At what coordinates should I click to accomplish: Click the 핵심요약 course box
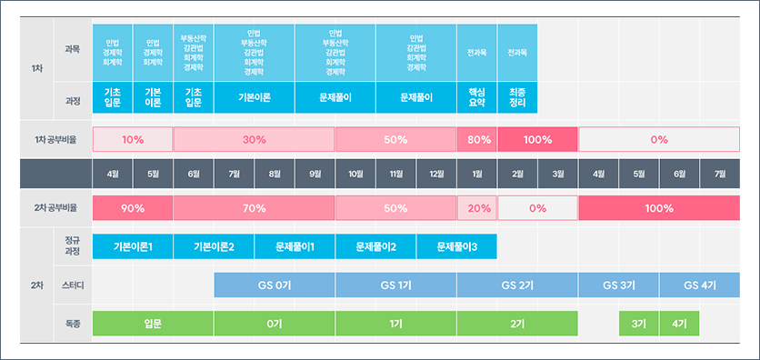[476, 97]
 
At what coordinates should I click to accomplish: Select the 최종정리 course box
[517, 97]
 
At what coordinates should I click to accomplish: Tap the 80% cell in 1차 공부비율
[477, 140]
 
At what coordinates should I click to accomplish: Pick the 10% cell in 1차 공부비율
[133, 140]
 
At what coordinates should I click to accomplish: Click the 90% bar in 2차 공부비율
[133, 208]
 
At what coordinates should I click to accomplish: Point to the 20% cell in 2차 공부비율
[477, 208]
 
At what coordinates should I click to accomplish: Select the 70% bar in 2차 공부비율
[255, 208]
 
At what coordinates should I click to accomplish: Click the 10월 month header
[355, 174]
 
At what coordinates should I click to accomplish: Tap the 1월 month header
[477, 174]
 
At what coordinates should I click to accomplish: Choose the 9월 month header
[315, 174]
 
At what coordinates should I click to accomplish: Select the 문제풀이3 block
[457, 246]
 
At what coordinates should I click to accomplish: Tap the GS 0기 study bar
[275, 285]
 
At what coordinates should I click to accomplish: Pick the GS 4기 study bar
[700, 285]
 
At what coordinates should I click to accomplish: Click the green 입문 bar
[153, 323]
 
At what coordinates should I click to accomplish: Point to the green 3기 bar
[639, 323]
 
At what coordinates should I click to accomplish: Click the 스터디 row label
[73, 285]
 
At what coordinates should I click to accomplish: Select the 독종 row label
[73, 323]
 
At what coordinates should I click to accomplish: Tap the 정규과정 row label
[73, 246]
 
